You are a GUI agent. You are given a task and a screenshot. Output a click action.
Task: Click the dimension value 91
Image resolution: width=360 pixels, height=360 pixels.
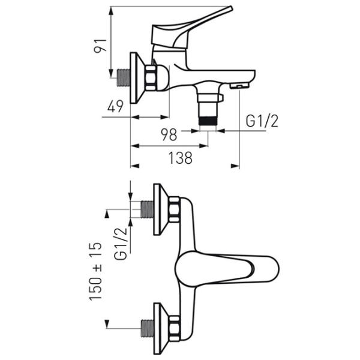(x=100, y=46)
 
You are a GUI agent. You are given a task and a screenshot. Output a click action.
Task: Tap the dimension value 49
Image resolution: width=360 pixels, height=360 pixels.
(x=115, y=106)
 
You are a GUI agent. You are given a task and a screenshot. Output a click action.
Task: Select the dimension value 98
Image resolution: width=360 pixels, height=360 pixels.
(x=169, y=134)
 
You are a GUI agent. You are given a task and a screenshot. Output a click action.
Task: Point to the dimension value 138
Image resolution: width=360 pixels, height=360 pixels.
(x=180, y=158)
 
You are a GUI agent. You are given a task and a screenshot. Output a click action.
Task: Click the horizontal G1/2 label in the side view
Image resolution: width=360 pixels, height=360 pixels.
(x=262, y=121)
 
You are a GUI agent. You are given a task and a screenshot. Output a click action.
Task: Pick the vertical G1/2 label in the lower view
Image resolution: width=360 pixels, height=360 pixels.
(x=121, y=244)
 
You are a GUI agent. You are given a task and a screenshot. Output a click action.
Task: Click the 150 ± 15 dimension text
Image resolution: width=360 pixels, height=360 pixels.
(x=95, y=271)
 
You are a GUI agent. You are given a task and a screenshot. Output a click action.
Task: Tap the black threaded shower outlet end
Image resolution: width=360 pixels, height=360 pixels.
(x=208, y=121)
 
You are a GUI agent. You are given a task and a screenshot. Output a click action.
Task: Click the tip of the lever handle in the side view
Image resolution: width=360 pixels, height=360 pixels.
(x=230, y=8)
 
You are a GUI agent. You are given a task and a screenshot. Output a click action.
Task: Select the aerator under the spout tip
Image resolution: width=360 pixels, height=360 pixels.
(x=239, y=86)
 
